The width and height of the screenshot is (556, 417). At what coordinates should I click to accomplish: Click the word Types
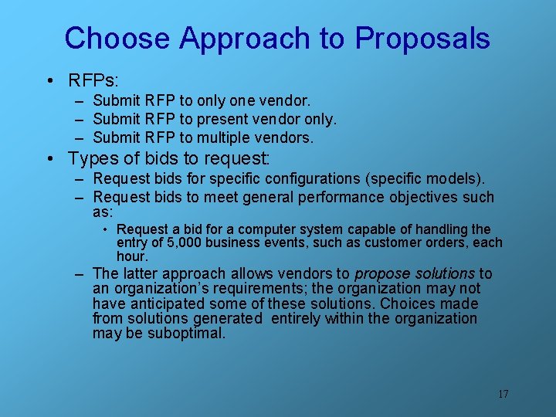point(95,159)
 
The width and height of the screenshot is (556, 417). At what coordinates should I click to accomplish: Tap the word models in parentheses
point(457,179)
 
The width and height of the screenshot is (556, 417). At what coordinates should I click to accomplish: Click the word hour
point(131,256)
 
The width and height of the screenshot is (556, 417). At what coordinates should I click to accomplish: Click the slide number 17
point(503,394)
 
